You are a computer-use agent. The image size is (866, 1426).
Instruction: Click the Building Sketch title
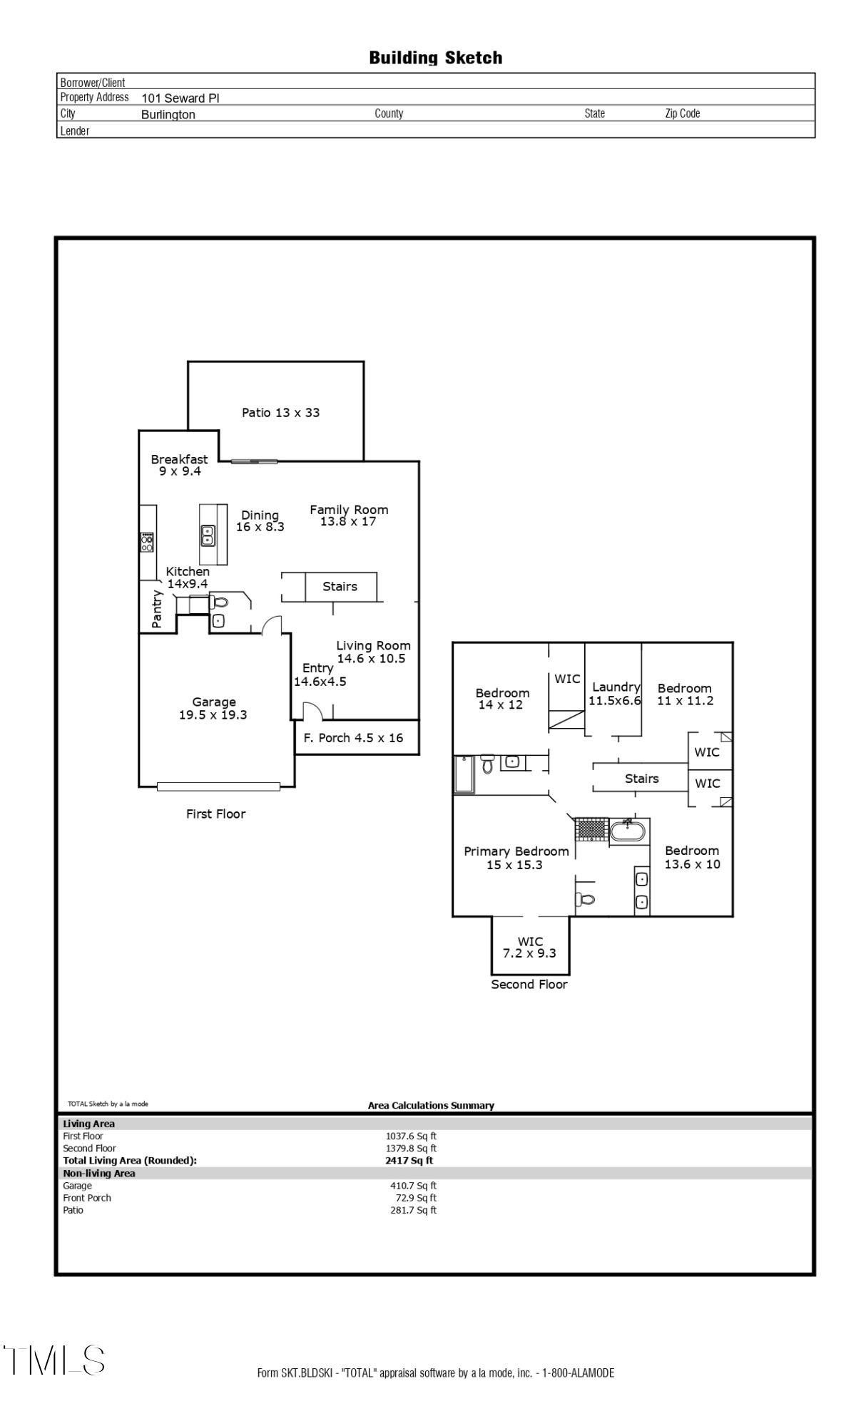pyautogui.click(x=435, y=58)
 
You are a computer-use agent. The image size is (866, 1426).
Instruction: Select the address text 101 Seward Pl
pyautogui.click(x=180, y=98)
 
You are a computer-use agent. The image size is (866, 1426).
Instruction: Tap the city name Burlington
pyautogui.click(x=168, y=115)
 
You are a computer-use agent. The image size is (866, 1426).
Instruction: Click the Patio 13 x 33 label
pyautogui.click(x=280, y=412)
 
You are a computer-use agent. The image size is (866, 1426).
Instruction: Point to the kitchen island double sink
pyautogui.click(x=208, y=535)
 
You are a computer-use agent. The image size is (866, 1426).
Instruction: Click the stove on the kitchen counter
pyautogui.click(x=147, y=542)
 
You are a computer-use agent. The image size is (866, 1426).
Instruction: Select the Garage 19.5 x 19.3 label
pyautogui.click(x=213, y=708)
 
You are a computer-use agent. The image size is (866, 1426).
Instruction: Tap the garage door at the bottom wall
pyautogui.click(x=218, y=786)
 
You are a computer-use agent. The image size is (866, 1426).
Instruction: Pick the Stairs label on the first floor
pyautogui.click(x=340, y=586)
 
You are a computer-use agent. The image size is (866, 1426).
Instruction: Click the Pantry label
pyautogui.click(x=157, y=610)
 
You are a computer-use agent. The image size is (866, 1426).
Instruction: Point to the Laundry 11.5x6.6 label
pyautogui.click(x=615, y=693)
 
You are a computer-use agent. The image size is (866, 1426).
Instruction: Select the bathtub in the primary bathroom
pyautogui.click(x=628, y=831)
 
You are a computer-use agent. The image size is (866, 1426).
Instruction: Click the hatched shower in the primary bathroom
pyautogui.click(x=591, y=829)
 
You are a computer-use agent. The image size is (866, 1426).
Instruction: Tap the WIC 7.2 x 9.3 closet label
pyautogui.click(x=529, y=947)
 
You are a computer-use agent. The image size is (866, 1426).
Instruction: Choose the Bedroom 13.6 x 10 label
pyautogui.click(x=692, y=857)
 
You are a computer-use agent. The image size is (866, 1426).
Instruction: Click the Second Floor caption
pyautogui.click(x=529, y=984)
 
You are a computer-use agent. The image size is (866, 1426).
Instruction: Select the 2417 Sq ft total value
pyautogui.click(x=409, y=1160)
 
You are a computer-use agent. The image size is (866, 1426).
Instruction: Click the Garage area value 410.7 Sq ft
pyautogui.click(x=413, y=1186)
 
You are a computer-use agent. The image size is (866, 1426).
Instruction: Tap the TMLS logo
pyautogui.click(x=54, y=1360)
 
